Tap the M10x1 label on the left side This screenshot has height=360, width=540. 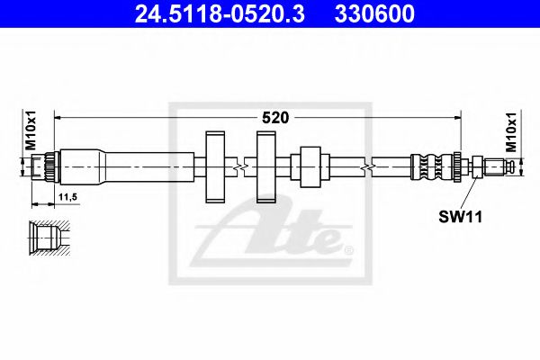coord(29,131)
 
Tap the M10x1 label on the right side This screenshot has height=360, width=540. coord(512,131)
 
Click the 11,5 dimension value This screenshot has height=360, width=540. coord(66,194)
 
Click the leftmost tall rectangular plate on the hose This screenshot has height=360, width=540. coord(215,166)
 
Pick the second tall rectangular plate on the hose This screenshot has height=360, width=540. coord(266,166)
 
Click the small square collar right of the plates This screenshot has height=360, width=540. coord(310,166)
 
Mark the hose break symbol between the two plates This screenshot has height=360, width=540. coord(238,166)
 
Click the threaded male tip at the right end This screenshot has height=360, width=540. coord(499,166)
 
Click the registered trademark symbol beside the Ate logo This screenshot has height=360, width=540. coord(349,247)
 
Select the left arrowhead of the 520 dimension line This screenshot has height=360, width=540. coord(59,116)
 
